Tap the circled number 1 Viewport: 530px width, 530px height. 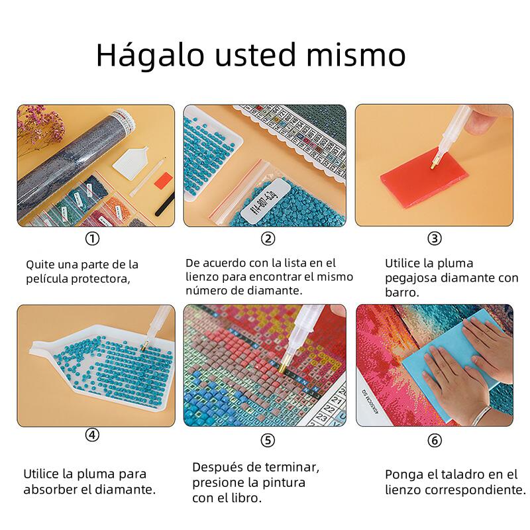pyautogui.click(x=92, y=238)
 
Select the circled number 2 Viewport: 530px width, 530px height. pyautogui.click(x=268, y=238)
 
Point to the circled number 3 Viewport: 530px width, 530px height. pyautogui.click(x=435, y=238)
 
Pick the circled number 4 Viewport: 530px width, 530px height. pyautogui.click(x=92, y=435)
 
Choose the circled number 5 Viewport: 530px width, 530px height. pyautogui.click(x=268, y=440)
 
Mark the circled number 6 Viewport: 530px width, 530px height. pyautogui.click(x=435, y=440)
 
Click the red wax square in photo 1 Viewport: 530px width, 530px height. pyautogui.click(x=164, y=181)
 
